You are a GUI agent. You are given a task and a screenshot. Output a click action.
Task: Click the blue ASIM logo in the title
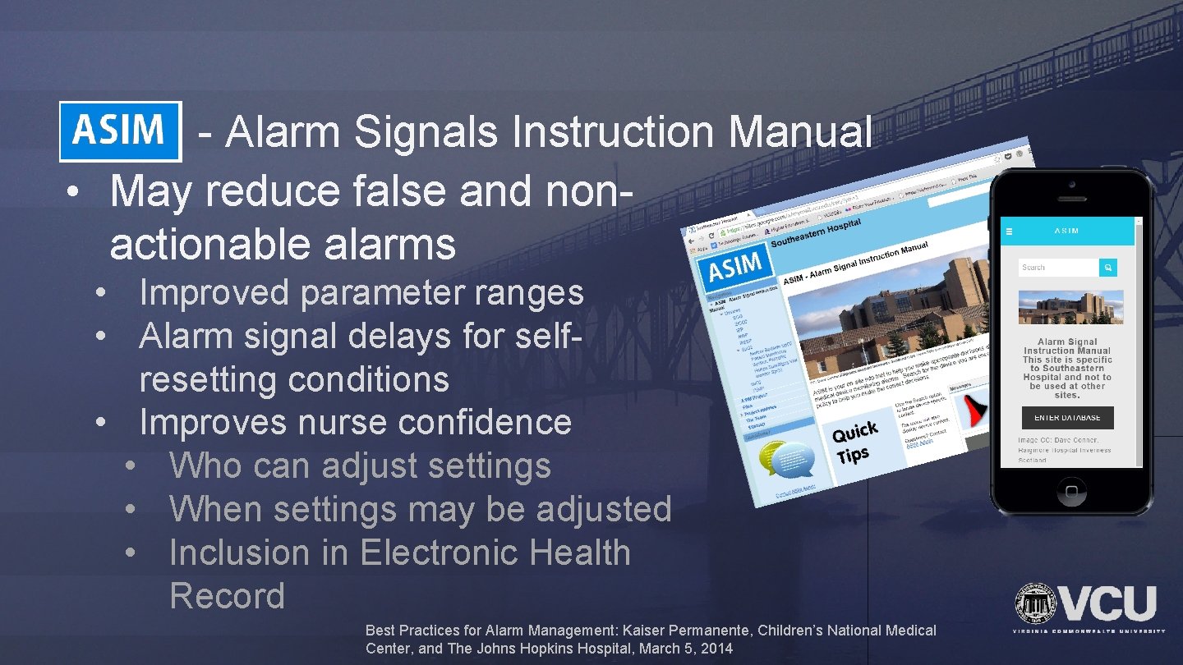(x=120, y=131)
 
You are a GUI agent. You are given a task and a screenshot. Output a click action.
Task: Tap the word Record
(x=227, y=596)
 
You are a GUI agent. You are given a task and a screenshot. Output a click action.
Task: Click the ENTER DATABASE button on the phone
(x=1067, y=417)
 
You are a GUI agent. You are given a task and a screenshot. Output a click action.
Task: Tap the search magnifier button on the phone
(x=1108, y=268)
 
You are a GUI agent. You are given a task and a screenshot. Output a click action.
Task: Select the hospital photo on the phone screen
(x=1070, y=307)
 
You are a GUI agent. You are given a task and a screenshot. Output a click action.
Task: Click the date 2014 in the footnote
(x=716, y=649)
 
